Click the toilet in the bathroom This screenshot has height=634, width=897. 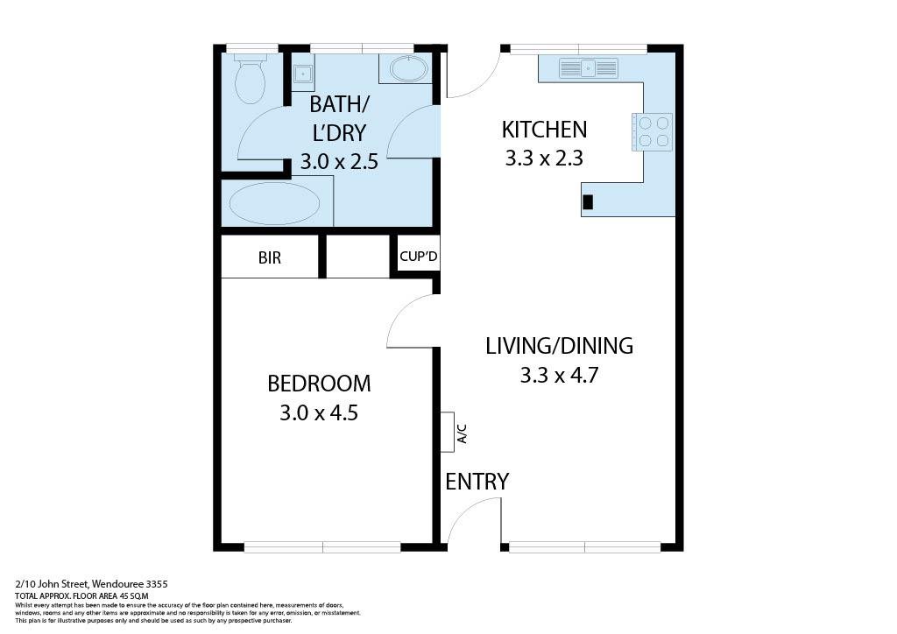coord(251,79)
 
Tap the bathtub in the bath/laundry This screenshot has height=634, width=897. coord(274,203)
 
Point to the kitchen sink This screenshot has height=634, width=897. coord(589,67)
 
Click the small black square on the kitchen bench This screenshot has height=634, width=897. coord(588,201)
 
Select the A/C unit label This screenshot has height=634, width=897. coord(461,433)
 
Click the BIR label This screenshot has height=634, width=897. coord(270,259)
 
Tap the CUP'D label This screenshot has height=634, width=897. coord(418,257)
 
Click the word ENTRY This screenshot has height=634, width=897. coord(477,482)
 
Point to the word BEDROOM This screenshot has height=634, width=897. coord(319,384)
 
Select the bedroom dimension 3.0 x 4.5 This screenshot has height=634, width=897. coord(319,412)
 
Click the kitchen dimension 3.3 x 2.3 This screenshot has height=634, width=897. coord(544,158)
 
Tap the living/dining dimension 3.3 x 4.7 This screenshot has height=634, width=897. coord(559,376)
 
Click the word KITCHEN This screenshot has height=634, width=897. coord(544,130)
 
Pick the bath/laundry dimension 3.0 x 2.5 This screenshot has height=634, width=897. coord(339,161)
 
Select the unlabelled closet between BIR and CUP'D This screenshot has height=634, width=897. coord(357,257)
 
